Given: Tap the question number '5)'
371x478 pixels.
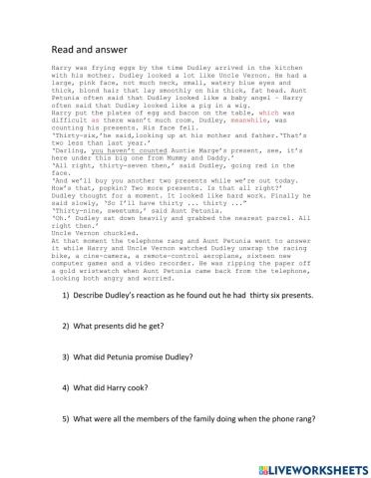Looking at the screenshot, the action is [x=66, y=421].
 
